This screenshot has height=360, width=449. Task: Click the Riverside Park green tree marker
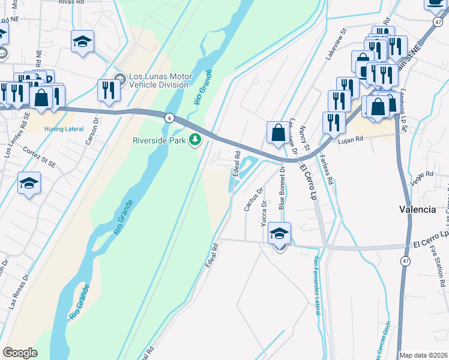point(194,140)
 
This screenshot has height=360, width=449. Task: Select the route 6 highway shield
point(170,118)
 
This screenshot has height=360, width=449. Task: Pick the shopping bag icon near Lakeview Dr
point(278,133)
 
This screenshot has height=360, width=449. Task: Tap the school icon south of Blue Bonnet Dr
point(279,233)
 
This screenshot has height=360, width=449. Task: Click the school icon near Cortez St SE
point(28,183)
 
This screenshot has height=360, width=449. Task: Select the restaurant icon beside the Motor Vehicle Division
point(107,90)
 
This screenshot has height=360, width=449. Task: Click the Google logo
point(20,353)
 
